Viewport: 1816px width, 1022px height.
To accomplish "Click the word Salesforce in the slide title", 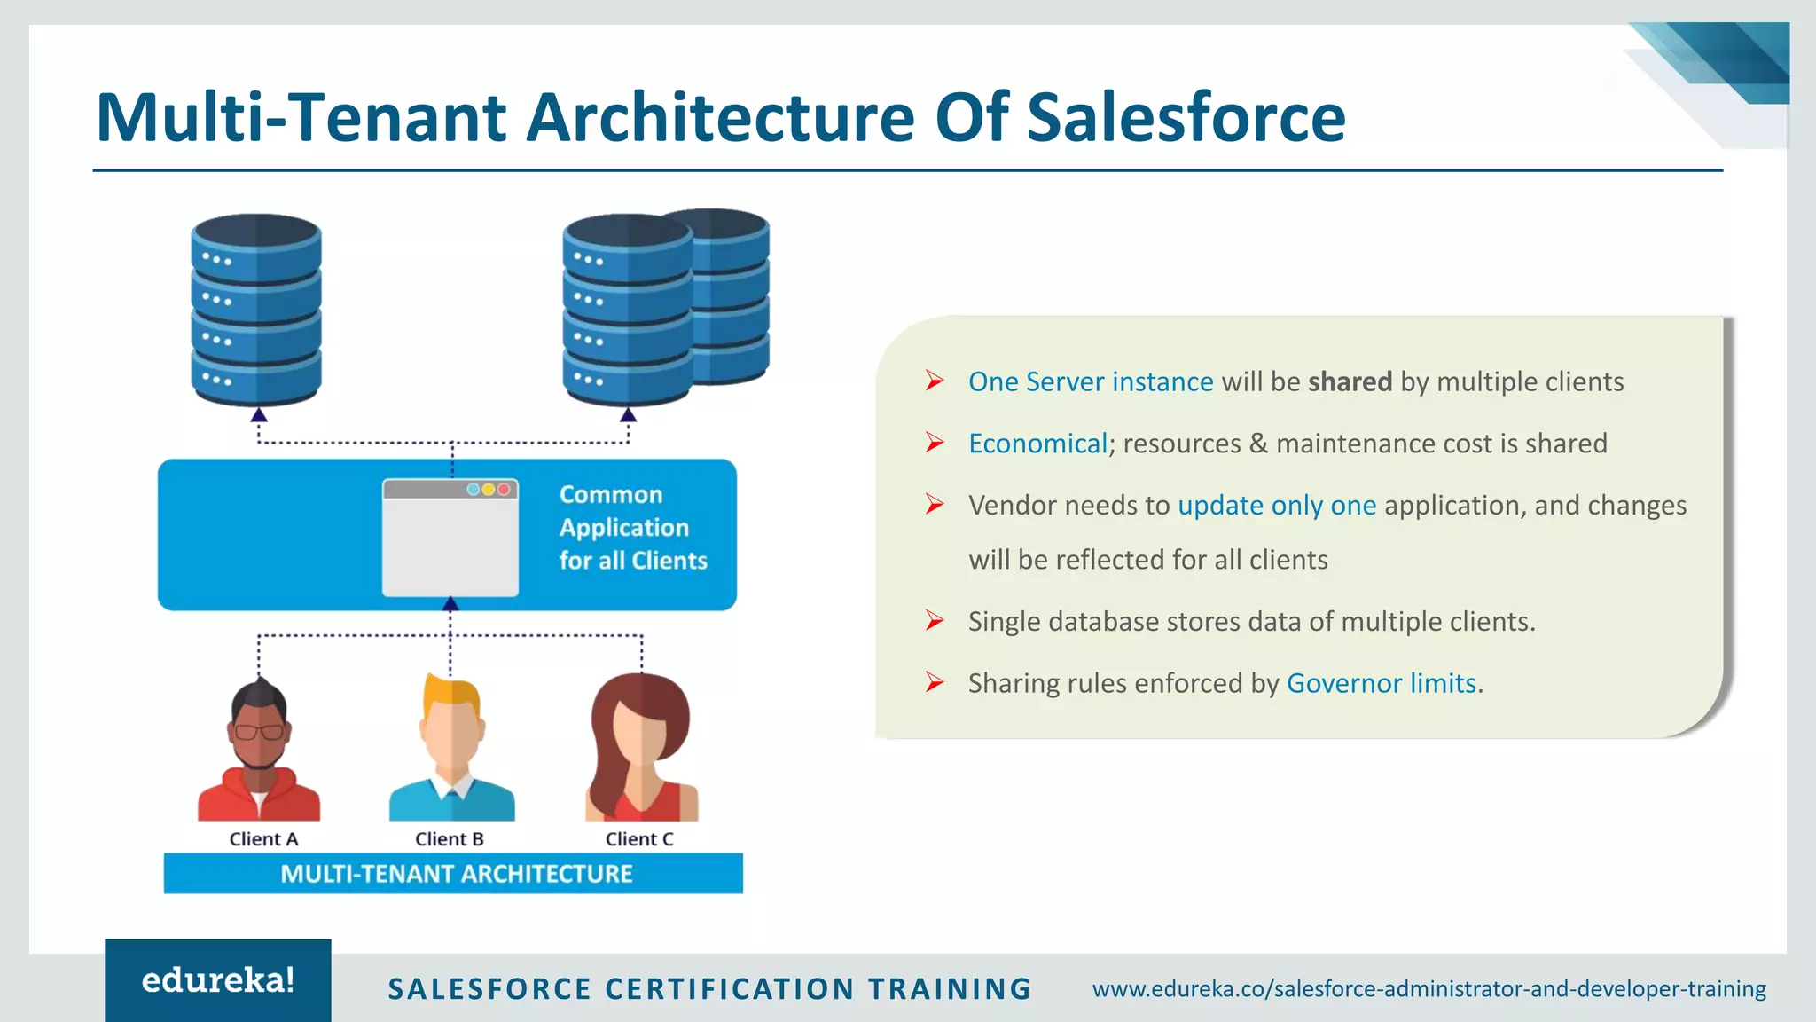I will pyautogui.click(x=1186, y=117).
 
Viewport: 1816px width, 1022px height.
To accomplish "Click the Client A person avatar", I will pyautogui.click(x=258, y=751).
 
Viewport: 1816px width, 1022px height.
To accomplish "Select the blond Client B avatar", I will pyautogui.click(x=451, y=751).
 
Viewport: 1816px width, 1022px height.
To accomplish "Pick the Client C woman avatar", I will pyautogui.click(x=640, y=751).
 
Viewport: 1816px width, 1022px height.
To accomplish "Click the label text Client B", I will pyautogui.click(x=450, y=839).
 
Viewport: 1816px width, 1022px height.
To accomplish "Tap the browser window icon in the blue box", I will pyautogui.click(x=450, y=538).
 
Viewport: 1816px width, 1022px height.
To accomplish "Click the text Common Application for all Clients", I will pyautogui.click(x=632, y=528).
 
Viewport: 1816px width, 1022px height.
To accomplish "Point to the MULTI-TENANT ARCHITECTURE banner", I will pyautogui.click(x=454, y=874).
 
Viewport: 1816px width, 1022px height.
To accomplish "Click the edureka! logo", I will pyautogui.click(x=218, y=980).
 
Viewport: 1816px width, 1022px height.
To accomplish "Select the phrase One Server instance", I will pyautogui.click(x=1090, y=382).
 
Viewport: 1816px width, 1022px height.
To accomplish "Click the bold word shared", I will pyautogui.click(x=1350, y=382).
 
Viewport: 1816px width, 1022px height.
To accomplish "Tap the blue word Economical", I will pyautogui.click(x=1037, y=444).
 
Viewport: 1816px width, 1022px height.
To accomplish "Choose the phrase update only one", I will pyautogui.click(x=1277, y=506).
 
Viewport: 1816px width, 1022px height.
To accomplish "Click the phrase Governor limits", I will pyautogui.click(x=1382, y=683).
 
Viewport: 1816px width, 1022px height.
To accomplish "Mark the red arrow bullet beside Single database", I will pyautogui.click(x=935, y=620).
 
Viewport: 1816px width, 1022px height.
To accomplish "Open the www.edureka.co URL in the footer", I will pyautogui.click(x=1429, y=988).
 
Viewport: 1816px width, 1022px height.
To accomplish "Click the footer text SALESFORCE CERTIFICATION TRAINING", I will pyautogui.click(x=709, y=989).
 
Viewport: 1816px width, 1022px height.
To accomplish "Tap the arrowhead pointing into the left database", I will pyautogui.click(x=258, y=415).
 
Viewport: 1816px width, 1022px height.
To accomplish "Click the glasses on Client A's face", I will pyautogui.click(x=259, y=732).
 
